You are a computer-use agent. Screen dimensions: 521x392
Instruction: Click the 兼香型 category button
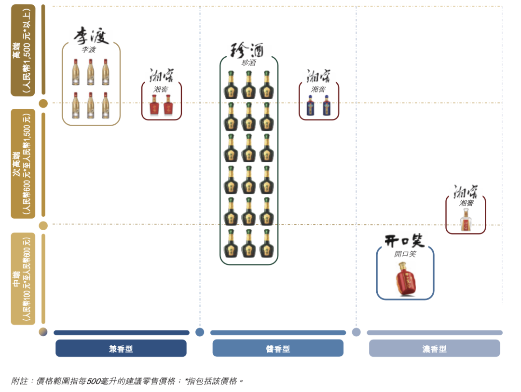121,348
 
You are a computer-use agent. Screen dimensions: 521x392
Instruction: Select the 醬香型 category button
278,348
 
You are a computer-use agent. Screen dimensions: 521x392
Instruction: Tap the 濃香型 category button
434,348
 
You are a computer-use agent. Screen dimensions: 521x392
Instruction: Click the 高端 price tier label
23,50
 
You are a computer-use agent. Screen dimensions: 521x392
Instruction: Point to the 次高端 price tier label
23,163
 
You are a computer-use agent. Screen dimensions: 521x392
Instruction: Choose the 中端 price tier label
23,278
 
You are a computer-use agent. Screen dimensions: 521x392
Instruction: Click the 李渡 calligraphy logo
91,36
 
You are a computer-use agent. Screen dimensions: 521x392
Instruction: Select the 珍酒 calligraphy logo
248,50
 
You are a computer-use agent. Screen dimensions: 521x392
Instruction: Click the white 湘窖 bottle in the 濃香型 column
466,220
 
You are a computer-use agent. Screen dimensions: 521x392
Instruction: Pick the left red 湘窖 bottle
154,105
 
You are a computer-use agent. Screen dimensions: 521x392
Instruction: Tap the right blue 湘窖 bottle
327,105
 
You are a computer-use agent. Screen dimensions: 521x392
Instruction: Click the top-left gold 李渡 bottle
76,72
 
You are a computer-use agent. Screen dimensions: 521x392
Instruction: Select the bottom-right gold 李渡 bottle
105,105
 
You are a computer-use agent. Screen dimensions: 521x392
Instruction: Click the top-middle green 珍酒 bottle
248,85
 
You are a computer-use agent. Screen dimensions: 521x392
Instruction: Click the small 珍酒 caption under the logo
248,63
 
